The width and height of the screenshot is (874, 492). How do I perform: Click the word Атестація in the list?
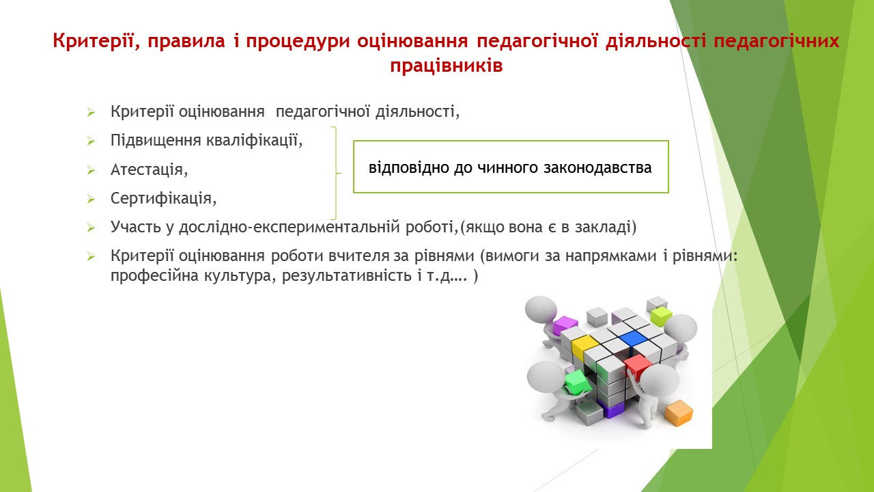pos(146,170)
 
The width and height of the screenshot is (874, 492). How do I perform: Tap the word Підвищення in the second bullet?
pos(155,141)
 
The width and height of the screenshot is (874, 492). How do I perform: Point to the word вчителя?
pos(359,256)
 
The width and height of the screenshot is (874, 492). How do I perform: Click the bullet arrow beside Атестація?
pos(91,170)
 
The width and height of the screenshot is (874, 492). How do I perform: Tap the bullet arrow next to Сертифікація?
pos(91,199)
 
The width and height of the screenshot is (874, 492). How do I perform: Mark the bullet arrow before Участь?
pos(91,228)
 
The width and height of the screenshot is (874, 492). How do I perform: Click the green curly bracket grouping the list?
pos(336,173)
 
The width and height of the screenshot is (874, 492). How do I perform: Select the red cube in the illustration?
pos(637,365)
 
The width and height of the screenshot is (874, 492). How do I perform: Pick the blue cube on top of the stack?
pos(633,338)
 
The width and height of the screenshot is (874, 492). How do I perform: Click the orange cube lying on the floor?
pos(679,412)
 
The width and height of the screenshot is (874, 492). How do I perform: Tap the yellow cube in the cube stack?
pos(584,346)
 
